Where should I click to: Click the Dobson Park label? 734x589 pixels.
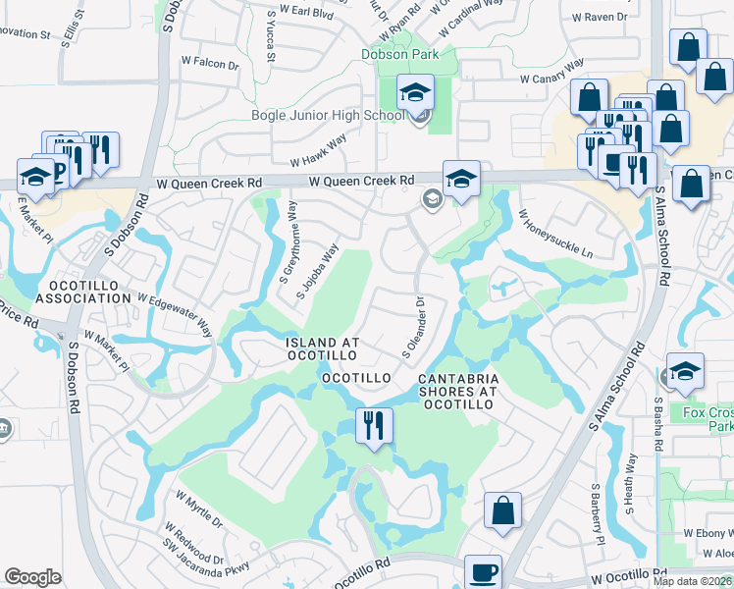(398, 55)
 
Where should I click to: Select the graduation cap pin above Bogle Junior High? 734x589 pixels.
(415, 93)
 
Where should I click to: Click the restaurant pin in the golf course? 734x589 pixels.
(373, 425)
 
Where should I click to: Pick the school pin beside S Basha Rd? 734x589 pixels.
(685, 370)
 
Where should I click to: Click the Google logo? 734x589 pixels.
(32, 577)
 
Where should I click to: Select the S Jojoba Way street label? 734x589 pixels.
(323, 274)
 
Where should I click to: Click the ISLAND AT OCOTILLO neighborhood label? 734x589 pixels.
(323, 348)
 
